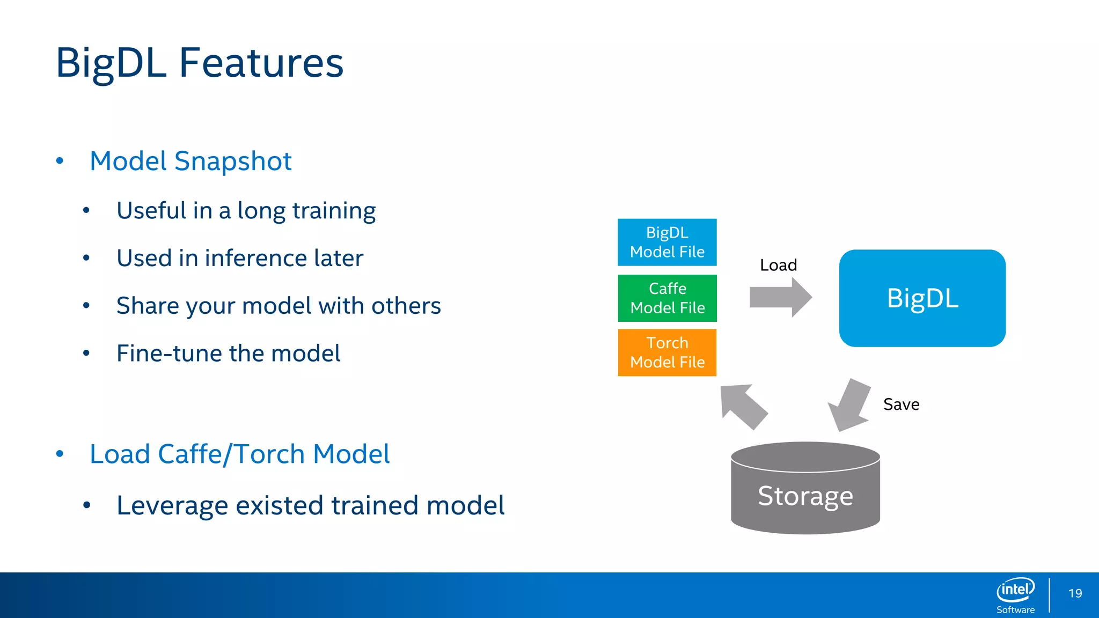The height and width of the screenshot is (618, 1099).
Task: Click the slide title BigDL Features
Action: coord(199,63)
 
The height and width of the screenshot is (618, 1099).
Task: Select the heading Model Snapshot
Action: coord(191,161)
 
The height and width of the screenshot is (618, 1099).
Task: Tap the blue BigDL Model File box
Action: coord(667,242)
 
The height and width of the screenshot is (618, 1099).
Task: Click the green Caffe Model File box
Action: coord(667,298)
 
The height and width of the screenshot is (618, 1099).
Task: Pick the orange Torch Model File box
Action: coord(667,352)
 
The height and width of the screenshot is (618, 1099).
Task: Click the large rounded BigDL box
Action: coord(922,298)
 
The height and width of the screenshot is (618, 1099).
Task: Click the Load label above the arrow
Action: coord(778,265)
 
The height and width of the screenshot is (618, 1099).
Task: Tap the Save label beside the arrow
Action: coord(901,404)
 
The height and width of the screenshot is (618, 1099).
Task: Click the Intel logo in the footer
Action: coord(1015,590)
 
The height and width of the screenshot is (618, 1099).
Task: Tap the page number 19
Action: coord(1075,593)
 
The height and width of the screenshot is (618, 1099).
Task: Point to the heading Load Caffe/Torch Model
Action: coord(239,454)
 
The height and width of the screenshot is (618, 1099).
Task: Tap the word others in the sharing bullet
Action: coord(406,306)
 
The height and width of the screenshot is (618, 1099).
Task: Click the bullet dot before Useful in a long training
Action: coord(86,210)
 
